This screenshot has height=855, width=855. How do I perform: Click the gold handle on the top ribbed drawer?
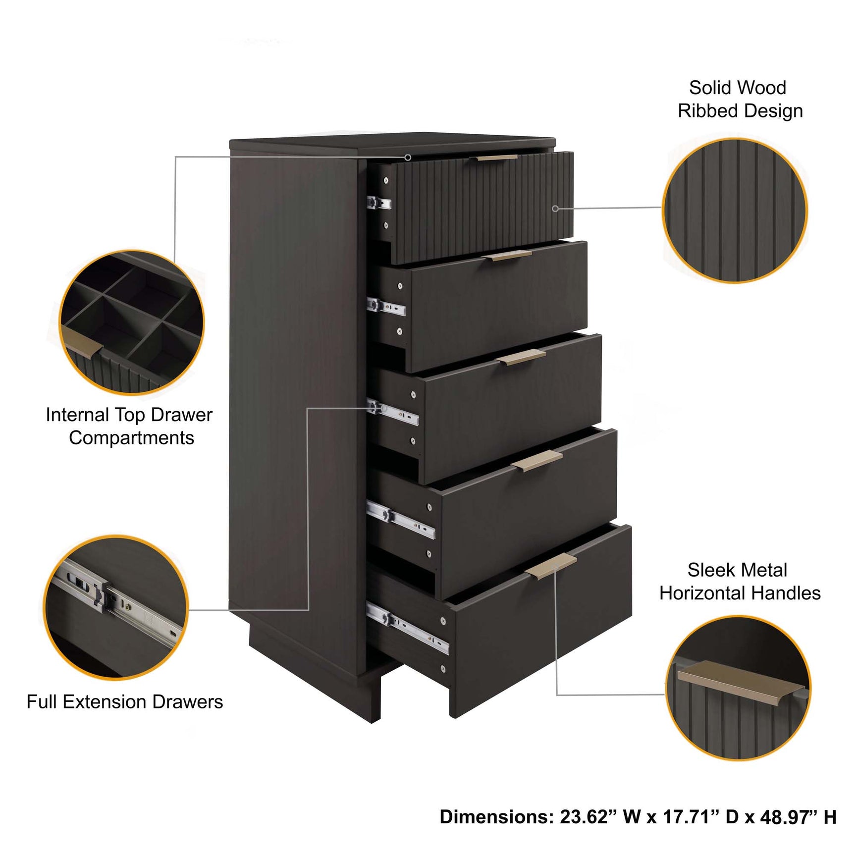tap(496, 158)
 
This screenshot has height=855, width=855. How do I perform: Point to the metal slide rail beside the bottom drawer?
tap(407, 628)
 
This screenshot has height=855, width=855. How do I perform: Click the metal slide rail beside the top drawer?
tap(378, 203)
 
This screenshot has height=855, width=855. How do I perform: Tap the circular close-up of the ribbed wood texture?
tap(735, 211)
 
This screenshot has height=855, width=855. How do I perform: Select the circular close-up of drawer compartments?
tap(132, 322)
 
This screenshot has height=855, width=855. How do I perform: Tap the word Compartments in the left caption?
tap(131, 438)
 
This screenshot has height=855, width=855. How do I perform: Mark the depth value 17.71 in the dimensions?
tap(692, 816)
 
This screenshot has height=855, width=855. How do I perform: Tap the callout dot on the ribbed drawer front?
tap(555, 209)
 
